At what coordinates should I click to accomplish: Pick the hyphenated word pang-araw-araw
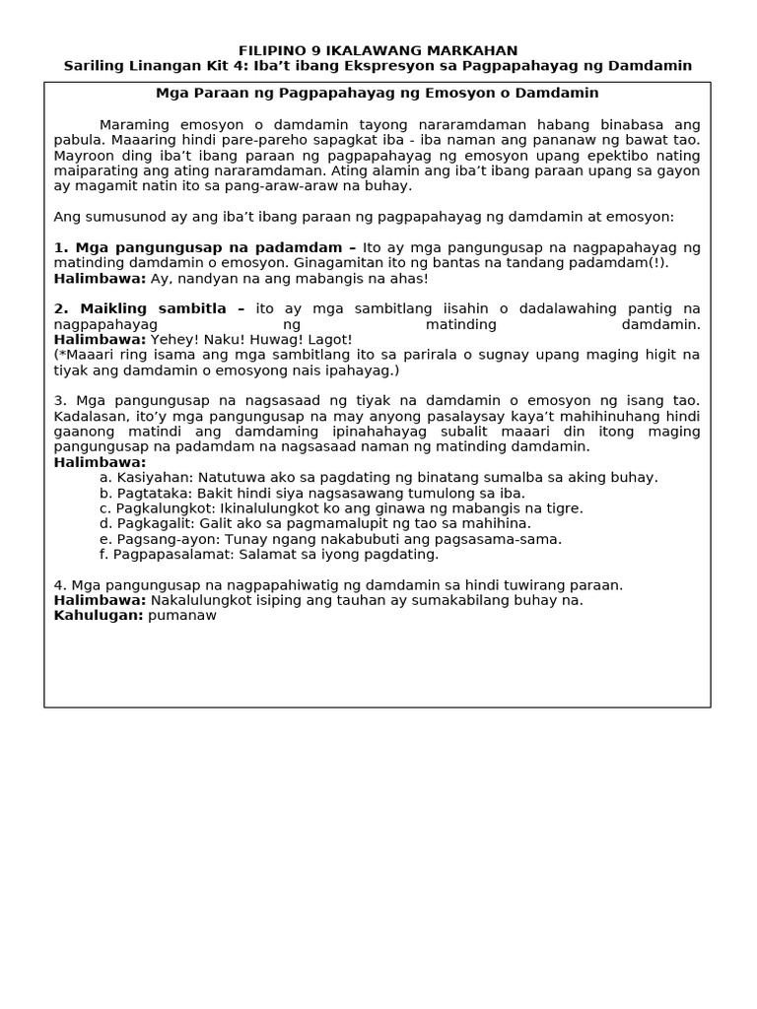point(288,185)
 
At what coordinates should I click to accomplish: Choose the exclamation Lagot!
point(330,339)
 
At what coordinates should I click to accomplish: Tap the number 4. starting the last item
point(60,584)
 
